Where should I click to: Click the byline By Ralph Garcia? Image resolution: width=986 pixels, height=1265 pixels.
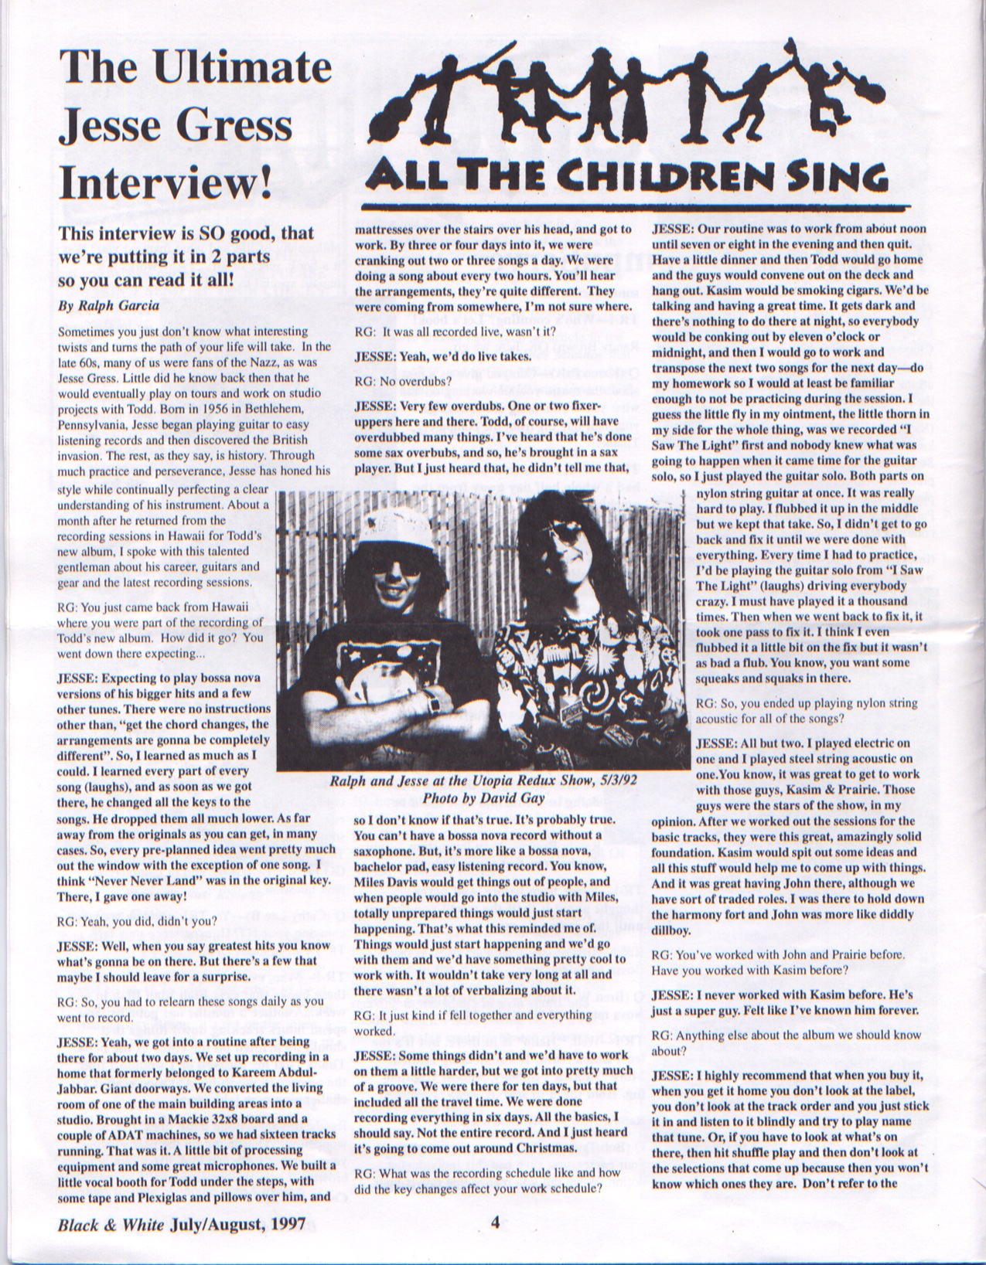109,305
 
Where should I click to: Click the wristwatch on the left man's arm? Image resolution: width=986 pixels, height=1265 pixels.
434,702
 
